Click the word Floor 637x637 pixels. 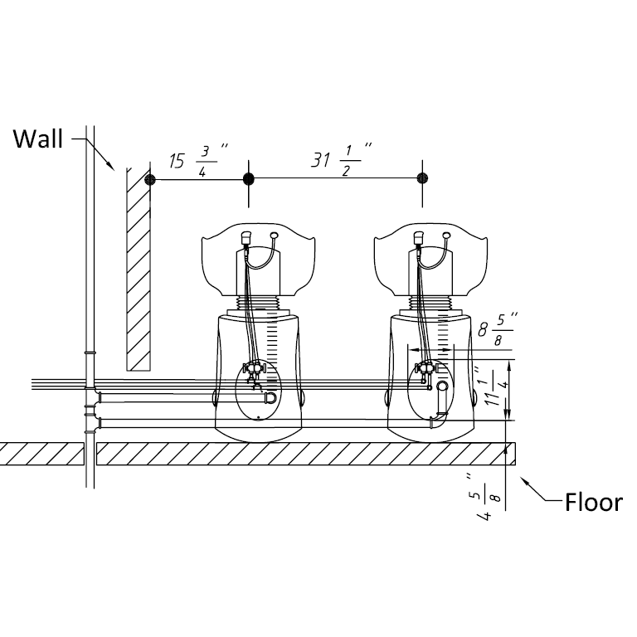click(x=593, y=502)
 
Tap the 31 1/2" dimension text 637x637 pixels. click(x=341, y=160)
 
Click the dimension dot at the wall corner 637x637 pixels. click(x=150, y=179)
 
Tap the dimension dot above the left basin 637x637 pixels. click(x=247, y=179)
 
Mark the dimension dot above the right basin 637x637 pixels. click(x=422, y=179)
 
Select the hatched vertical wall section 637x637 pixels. click(x=138, y=265)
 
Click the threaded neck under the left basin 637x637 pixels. click(x=260, y=303)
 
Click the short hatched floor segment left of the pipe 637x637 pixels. click(x=41, y=453)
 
